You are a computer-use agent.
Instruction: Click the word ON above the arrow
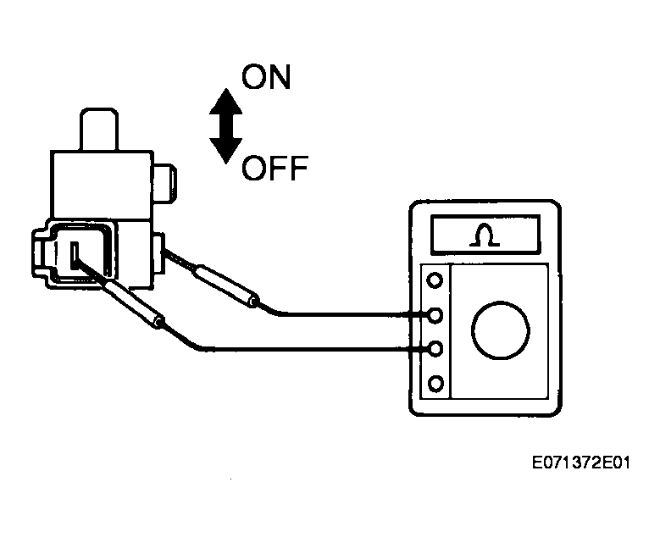(266, 77)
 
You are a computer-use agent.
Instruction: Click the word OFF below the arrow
(275, 168)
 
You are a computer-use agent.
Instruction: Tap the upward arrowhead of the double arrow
(226, 101)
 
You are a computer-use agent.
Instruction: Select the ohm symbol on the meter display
(485, 235)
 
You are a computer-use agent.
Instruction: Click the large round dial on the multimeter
(501, 330)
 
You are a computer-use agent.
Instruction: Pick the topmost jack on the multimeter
(435, 280)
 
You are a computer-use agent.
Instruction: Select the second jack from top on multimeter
(435, 315)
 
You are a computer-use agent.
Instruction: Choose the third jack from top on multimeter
(435, 349)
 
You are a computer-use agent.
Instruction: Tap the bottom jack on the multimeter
(435, 384)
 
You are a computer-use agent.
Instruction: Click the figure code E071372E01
(581, 463)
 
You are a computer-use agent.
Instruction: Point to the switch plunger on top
(99, 130)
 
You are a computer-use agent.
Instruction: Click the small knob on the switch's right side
(165, 184)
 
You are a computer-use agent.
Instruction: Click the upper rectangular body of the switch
(102, 185)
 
